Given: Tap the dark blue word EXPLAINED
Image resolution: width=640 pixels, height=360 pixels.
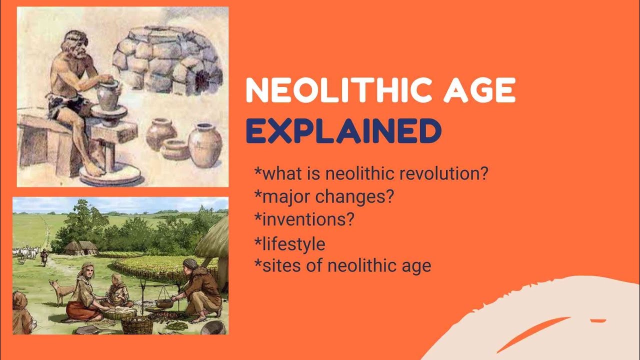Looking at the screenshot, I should tap(343, 130).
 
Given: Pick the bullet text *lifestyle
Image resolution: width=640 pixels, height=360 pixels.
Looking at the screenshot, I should tap(290, 244).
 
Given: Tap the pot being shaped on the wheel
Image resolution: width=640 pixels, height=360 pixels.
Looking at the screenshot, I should tap(107, 96).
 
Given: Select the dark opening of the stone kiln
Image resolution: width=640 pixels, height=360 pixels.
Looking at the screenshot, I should tap(203, 77).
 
